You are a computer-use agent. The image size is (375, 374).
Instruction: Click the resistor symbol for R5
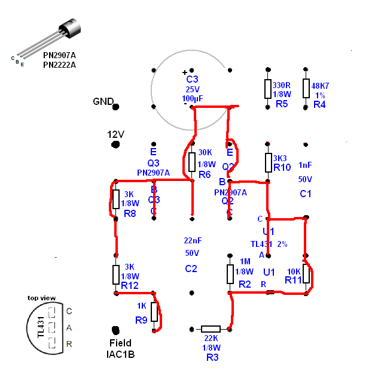coord(268,88)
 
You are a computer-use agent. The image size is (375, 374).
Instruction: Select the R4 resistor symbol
coord(306,88)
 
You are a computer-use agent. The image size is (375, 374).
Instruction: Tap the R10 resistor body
coord(268,162)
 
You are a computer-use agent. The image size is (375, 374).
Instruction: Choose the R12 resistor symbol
coord(115,274)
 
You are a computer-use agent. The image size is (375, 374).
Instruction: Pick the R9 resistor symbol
coord(154,312)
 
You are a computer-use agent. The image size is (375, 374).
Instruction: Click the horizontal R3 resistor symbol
coord(211,328)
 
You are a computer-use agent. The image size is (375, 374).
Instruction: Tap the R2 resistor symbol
coord(230,274)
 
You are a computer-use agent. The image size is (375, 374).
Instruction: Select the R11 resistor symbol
coord(306,274)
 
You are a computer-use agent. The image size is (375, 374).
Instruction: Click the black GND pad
coord(116,107)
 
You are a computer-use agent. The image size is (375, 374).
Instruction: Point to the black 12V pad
coord(116,144)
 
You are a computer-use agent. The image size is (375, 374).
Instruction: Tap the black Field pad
coord(116,330)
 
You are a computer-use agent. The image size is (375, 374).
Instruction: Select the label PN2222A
coord(59,65)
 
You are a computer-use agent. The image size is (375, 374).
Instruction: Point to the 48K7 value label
coord(320,86)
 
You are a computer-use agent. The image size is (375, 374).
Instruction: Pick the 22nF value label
coord(191,240)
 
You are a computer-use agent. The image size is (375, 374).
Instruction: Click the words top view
coord(41,297)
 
